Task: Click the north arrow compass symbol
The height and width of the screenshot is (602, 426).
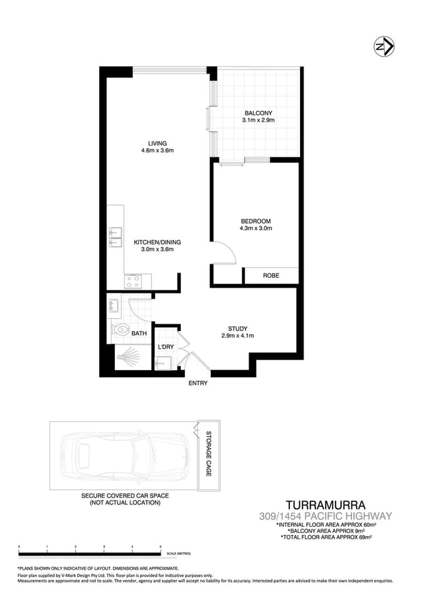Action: (383, 46)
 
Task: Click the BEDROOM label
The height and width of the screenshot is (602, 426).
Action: (255, 221)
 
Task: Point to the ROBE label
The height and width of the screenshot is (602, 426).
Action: (271, 275)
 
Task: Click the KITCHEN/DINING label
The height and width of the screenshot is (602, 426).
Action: (157, 241)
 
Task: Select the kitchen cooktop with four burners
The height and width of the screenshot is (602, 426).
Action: (132, 281)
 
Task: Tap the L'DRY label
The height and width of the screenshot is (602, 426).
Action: (166, 347)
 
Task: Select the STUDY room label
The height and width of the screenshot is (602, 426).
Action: (237, 328)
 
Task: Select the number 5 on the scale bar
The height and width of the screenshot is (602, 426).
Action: (161, 547)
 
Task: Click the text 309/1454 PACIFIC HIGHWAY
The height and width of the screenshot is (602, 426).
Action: (325, 517)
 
